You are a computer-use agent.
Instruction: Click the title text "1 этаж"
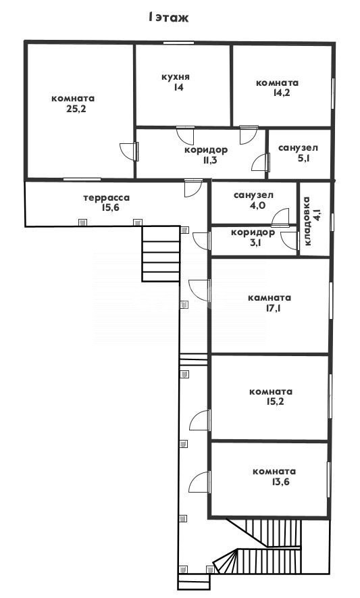[168, 18]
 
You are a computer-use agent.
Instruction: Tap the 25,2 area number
[76, 109]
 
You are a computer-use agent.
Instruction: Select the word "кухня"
[176, 77]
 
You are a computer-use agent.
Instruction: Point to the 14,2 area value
[282, 93]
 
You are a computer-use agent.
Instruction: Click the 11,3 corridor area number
[210, 160]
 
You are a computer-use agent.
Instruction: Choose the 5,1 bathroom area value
[303, 158]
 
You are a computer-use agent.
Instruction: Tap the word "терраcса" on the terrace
[107, 198]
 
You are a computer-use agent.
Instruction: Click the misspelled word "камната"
[269, 298]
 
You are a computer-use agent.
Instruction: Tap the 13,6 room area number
[281, 482]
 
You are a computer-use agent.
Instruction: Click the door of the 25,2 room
[129, 151]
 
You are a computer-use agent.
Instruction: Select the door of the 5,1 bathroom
[261, 161]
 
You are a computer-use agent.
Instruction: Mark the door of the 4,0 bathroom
[281, 218]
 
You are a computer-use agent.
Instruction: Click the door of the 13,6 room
[200, 482]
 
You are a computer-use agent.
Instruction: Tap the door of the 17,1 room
[199, 290]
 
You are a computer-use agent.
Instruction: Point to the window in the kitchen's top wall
[178, 43]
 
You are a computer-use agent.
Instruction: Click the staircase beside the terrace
[161, 253]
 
